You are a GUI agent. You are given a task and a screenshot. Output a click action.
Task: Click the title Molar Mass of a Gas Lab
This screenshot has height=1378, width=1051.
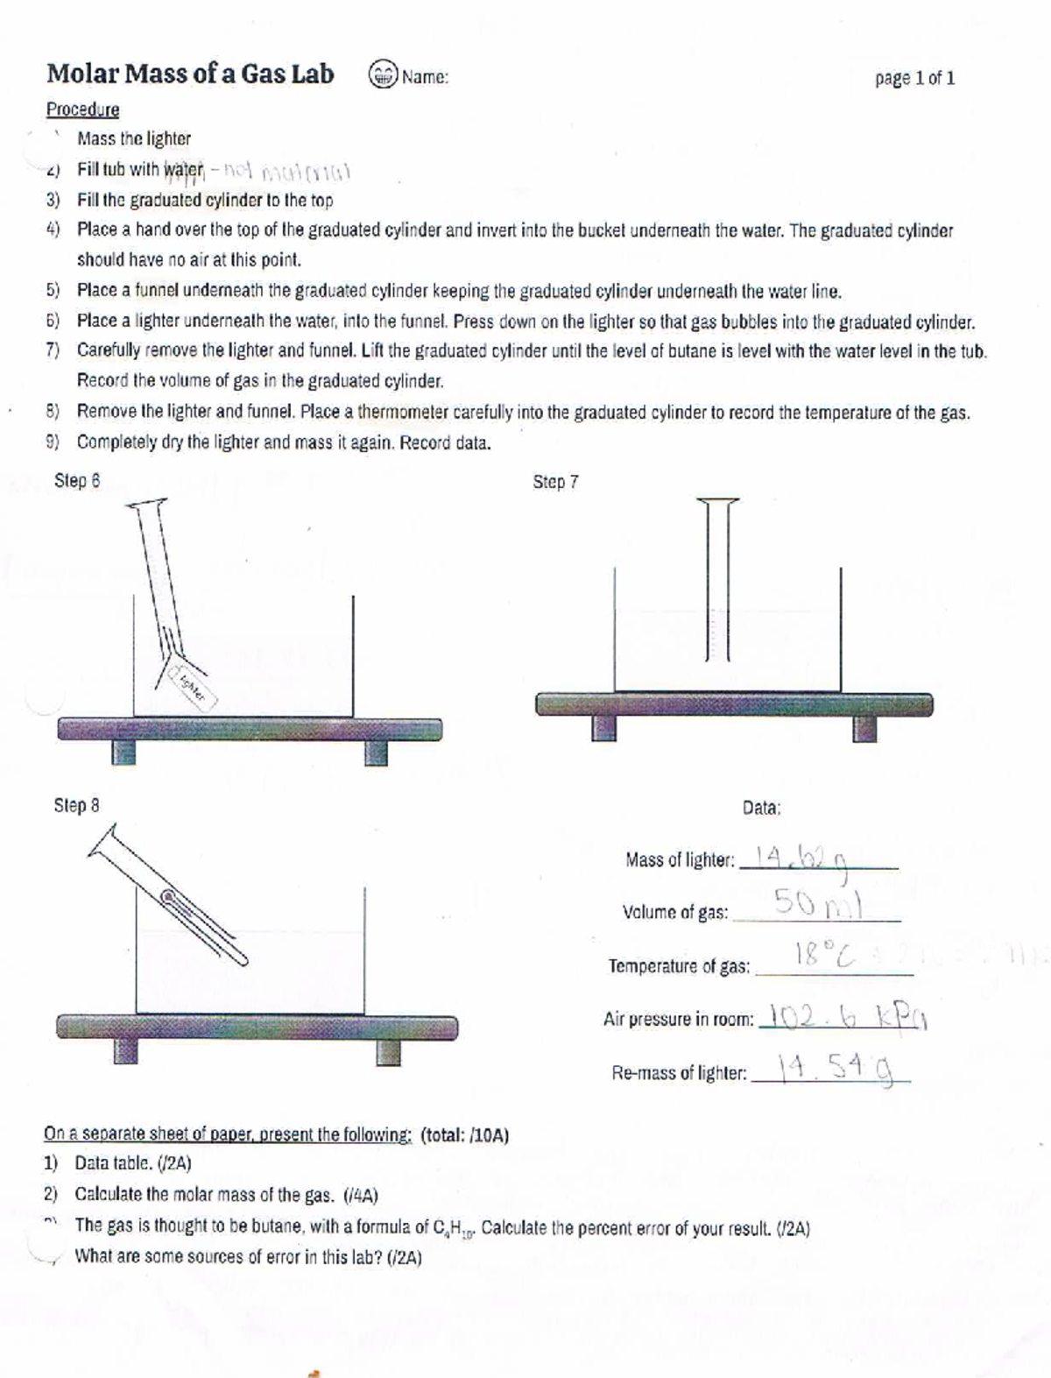click(x=190, y=74)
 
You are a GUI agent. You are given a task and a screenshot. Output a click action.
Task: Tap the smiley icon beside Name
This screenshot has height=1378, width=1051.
click(x=382, y=76)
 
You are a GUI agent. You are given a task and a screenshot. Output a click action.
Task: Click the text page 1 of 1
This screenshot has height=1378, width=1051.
click(x=914, y=79)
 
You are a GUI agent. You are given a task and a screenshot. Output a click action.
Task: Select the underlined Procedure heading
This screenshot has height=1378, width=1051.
click(x=82, y=110)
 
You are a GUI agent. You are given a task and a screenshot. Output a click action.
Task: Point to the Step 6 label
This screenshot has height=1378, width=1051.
click(x=77, y=481)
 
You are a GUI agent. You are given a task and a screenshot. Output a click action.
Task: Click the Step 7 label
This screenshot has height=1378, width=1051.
click(x=555, y=482)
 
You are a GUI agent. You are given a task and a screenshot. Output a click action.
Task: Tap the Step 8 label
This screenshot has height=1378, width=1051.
click(x=77, y=805)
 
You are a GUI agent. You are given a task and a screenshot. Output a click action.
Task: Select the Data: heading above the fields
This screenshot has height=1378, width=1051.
click(x=761, y=809)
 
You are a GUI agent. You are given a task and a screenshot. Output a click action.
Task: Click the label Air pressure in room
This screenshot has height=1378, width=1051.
click(x=678, y=1020)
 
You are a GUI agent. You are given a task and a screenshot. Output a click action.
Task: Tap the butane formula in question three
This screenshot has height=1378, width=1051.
click(x=454, y=1229)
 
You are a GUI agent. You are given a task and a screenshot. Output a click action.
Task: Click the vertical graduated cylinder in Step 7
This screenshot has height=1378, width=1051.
click(x=717, y=578)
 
